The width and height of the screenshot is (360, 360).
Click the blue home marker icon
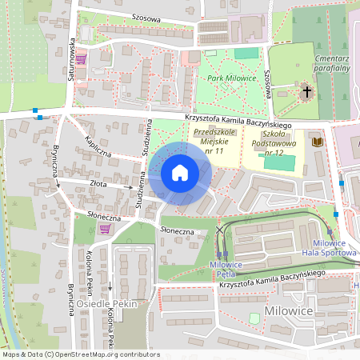coord(180,172)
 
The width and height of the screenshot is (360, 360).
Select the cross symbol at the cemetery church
coord(306,93)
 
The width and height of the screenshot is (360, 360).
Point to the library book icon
coord(316,141)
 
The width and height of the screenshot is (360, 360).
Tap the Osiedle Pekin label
coord(108,304)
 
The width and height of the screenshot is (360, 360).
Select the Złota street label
coord(98,184)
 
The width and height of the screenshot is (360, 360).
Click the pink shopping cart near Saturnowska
coord(81,58)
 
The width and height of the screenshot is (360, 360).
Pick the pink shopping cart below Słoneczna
coord(104,229)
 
